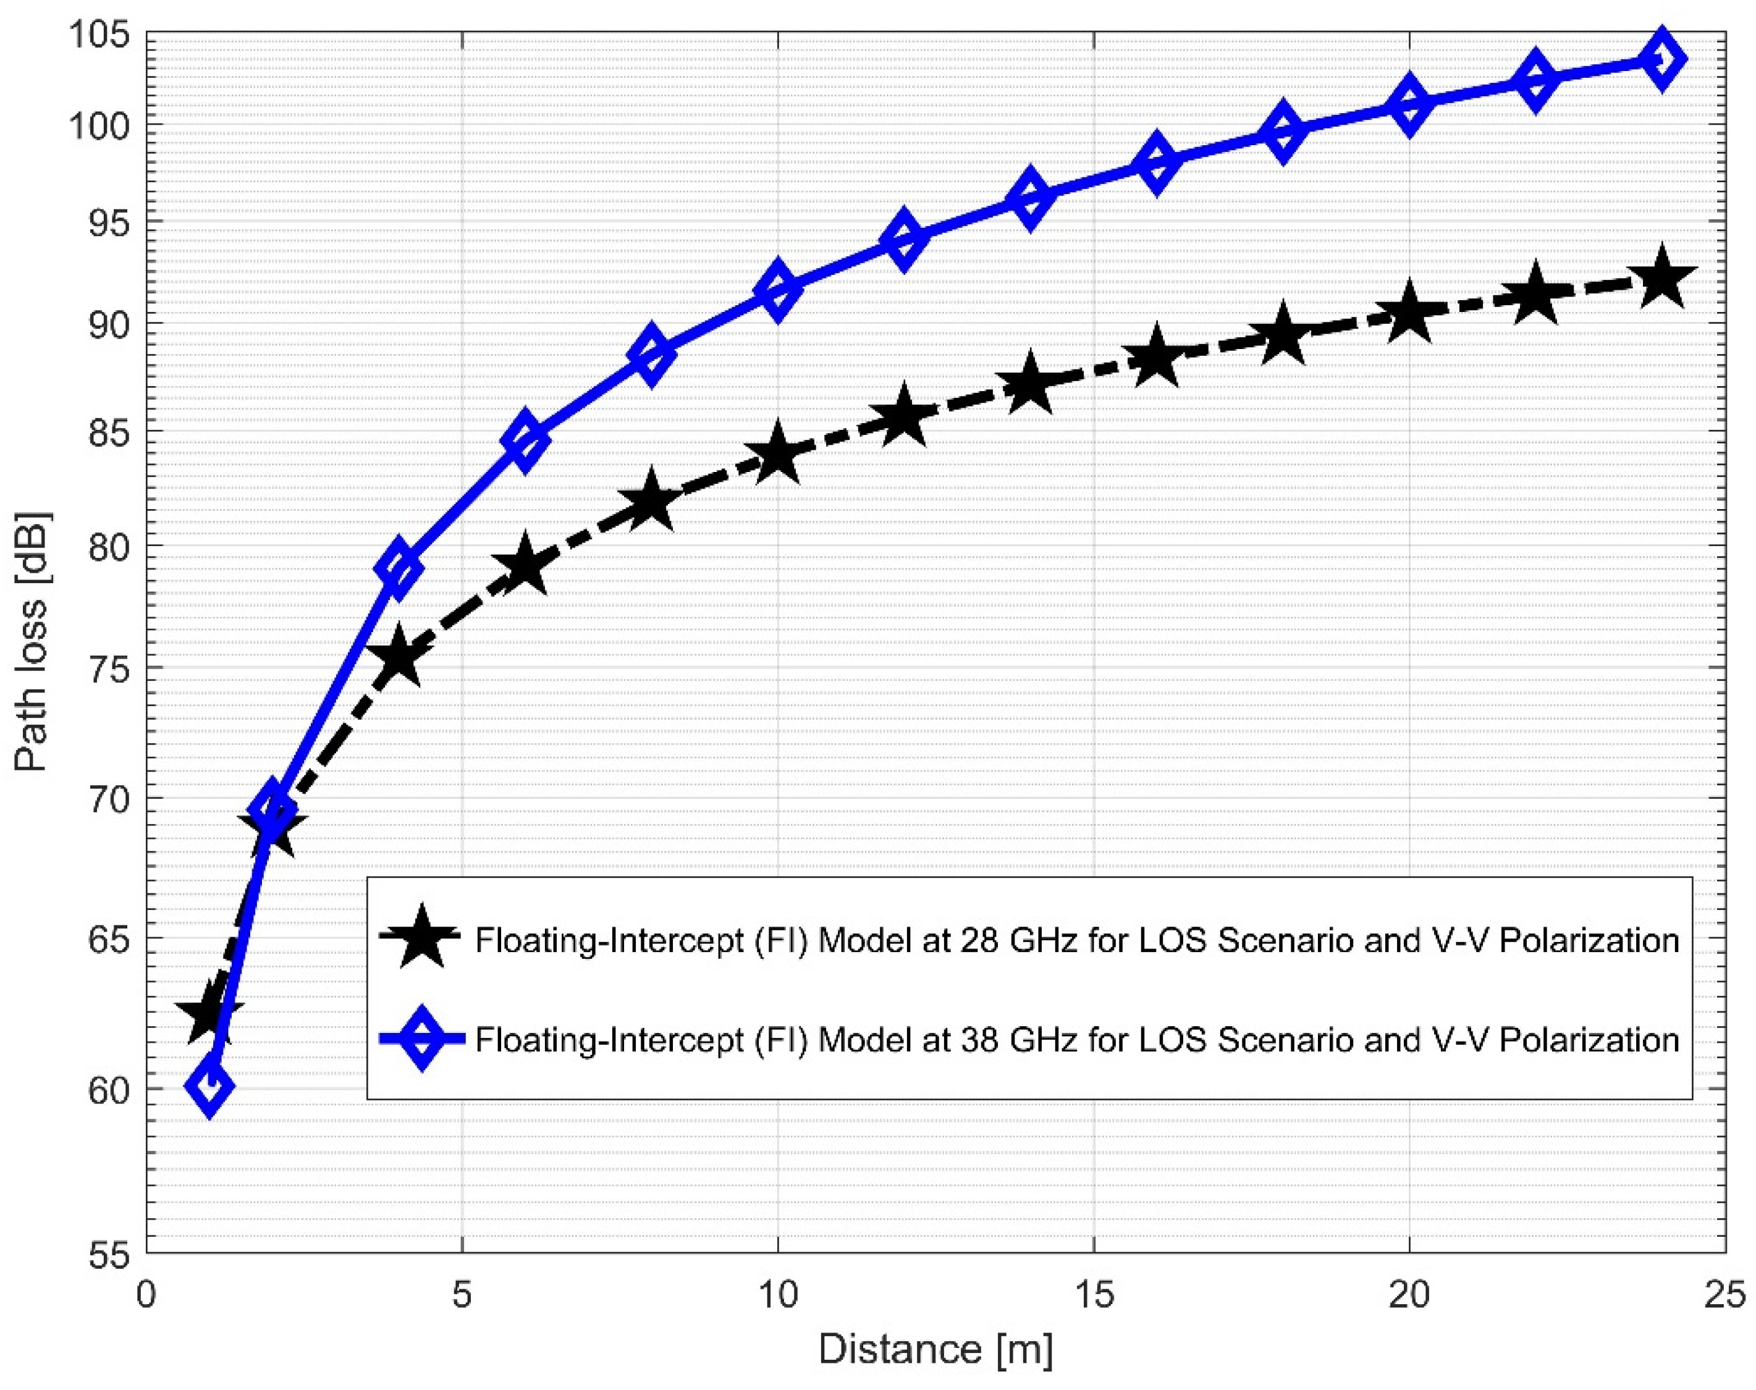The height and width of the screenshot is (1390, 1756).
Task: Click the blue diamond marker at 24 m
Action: coord(1661,59)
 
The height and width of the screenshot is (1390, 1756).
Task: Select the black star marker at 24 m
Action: coord(1661,280)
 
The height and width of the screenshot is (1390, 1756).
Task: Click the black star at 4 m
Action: coord(399,657)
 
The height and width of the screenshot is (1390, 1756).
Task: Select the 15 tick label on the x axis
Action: coord(1093,1295)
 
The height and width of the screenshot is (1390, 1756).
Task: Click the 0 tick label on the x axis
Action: coord(146,1295)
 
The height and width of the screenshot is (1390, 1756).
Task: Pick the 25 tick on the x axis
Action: coord(1723,1295)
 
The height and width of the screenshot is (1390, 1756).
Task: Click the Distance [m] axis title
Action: coord(936,1349)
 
